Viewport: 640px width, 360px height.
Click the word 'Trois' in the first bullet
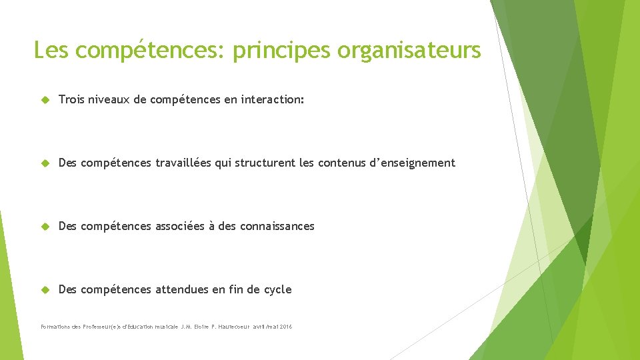point(71,99)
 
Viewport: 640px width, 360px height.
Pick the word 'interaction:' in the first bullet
point(273,99)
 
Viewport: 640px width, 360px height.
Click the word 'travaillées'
point(183,163)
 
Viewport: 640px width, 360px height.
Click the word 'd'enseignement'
point(413,163)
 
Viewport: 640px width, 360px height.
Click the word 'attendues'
point(181,289)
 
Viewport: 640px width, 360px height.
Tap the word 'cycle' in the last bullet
point(277,289)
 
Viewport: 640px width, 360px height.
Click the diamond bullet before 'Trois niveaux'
point(46,100)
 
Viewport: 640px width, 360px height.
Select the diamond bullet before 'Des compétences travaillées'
point(46,163)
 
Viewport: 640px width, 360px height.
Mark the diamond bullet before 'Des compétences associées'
point(46,227)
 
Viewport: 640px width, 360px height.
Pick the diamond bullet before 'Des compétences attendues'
point(46,290)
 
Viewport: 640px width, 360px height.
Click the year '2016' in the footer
point(285,327)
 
